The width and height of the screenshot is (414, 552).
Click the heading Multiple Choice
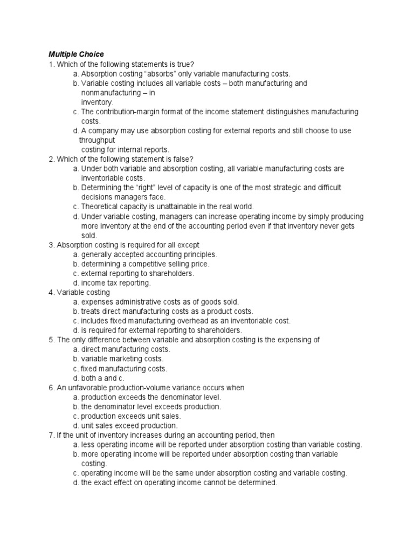[76, 54]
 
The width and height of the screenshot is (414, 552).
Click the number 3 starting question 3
[51, 245]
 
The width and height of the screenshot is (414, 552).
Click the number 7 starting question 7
[51, 435]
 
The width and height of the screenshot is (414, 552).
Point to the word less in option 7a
[87, 445]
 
